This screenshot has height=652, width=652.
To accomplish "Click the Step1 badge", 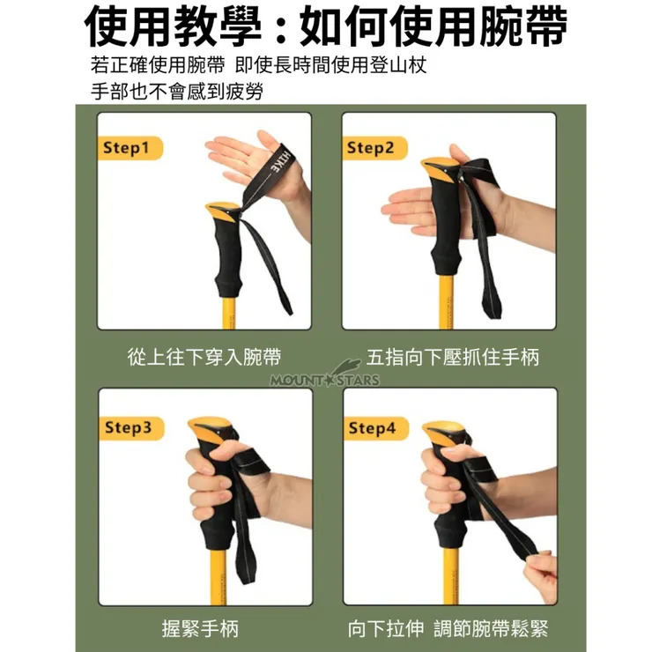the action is coord(130,148).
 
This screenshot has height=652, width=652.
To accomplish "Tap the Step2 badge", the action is coord(374,148).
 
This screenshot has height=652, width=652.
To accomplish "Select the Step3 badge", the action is coord(131,428).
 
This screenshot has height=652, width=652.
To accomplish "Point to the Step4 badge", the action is coord(376,428).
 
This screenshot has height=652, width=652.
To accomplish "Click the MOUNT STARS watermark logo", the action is coord(325,375).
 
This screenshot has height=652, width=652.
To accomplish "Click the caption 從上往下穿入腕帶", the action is coord(204,357).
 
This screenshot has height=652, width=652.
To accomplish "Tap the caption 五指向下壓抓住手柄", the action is coord(452,357).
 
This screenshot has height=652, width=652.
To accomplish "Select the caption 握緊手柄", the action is coord(200,628).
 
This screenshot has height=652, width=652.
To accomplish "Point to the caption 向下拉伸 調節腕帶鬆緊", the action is coord(448,628).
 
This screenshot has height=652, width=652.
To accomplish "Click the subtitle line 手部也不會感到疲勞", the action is coord(177,91).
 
